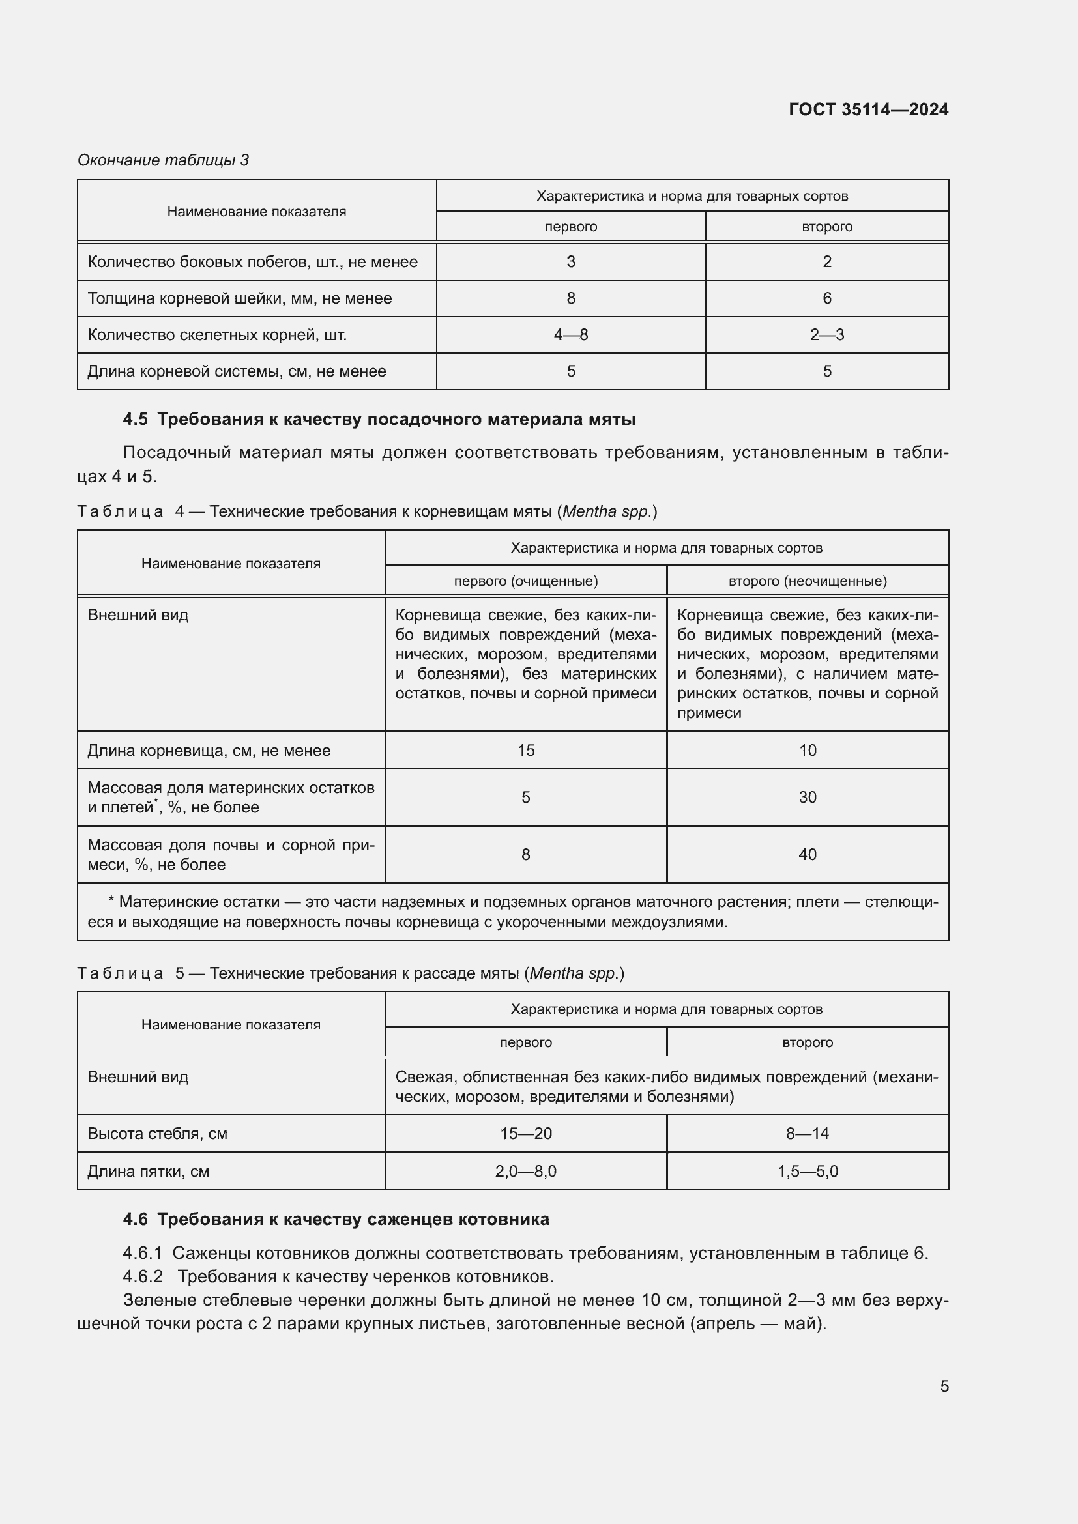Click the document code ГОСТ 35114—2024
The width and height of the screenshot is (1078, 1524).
pos(868,109)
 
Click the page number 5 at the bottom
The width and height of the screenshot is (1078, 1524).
pos(944,1386)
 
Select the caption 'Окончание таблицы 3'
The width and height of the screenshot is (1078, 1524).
pos(163,160)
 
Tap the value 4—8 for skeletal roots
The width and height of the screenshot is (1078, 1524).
pos(571,334)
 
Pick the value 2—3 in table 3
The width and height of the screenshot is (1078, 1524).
pos(826,334)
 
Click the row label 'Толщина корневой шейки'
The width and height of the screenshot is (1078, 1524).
pos(239,298)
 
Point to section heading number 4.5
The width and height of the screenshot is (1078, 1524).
pos(136,420)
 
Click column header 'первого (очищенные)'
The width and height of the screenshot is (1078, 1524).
pos(526,581)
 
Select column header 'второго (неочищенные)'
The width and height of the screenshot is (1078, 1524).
pos(807,581)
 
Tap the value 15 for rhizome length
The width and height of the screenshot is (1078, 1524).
pos(526,750)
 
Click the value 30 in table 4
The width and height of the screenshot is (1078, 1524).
pos(807,797)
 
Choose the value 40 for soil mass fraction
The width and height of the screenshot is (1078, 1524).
pos(807,854)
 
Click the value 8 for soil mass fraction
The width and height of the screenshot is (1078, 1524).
pos(526,854)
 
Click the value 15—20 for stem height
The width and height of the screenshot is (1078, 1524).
pos(526,1133)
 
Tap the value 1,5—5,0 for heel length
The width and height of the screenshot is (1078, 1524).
pos(807,1171)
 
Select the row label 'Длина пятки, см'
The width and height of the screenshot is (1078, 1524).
pos(148,1171)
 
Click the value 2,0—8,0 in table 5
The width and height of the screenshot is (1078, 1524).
pos(526,1171)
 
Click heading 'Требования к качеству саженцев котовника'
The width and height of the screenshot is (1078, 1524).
pos(353,1219)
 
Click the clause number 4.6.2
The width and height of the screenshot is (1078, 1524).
pos(143,1276)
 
